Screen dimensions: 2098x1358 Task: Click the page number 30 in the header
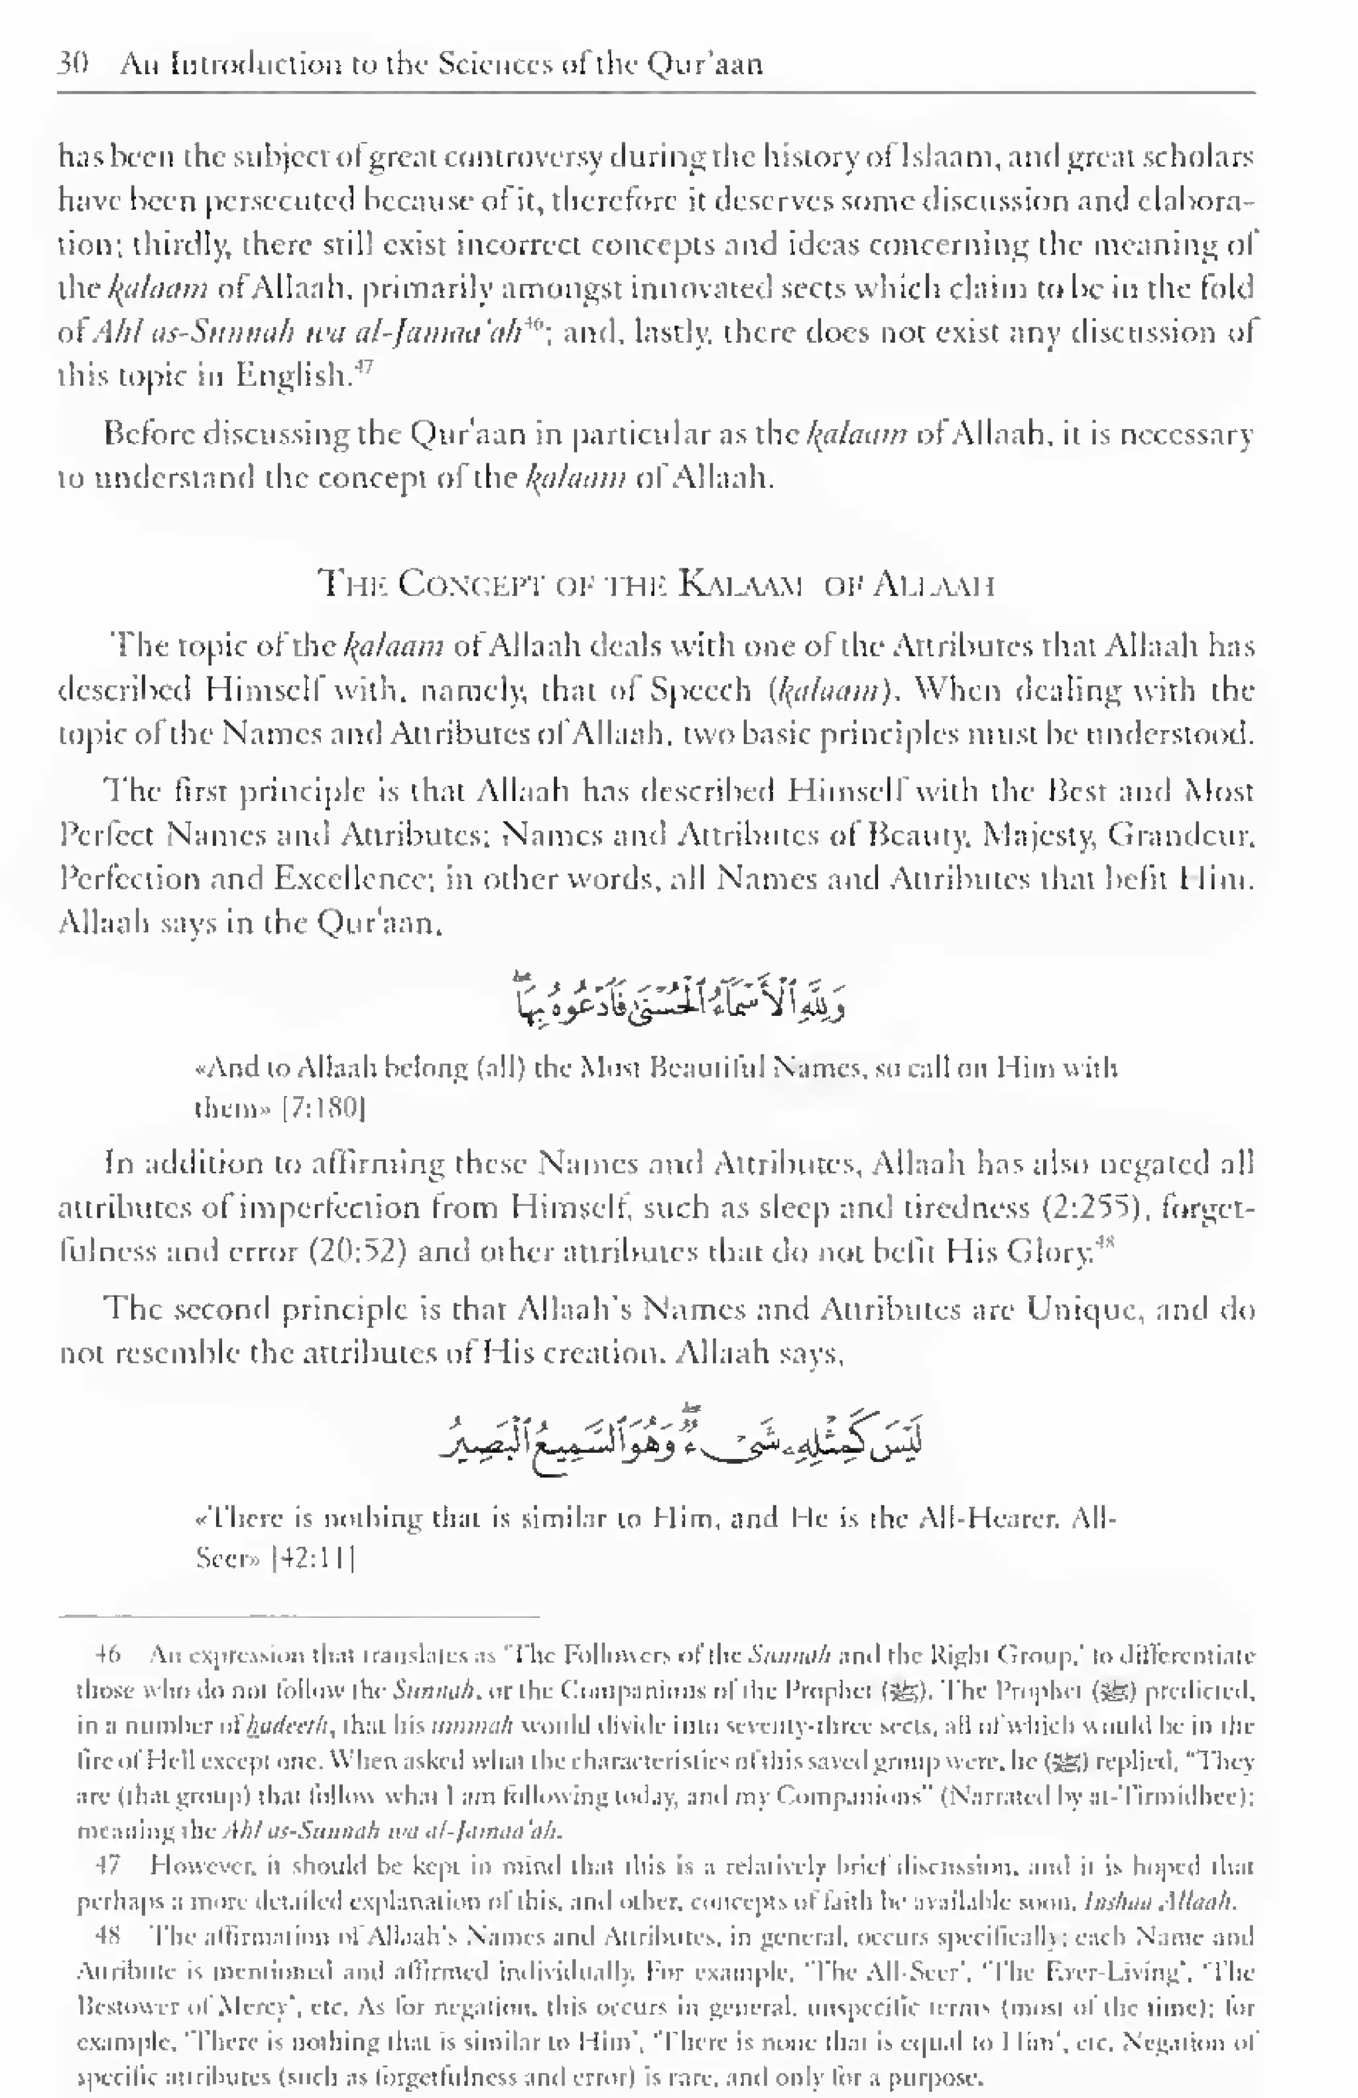[73, 64]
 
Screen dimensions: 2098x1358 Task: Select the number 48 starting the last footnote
[107, 1937]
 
